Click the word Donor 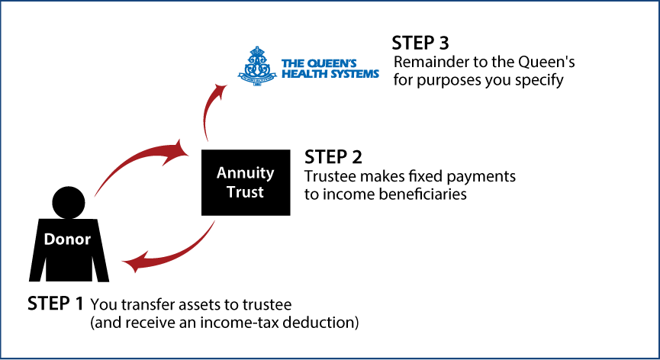[x=67, y=239]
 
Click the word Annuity [x=245, y=173]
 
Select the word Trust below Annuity [x=245, y=192]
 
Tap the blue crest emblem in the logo [x=257, y=66]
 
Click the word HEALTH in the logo [x=302, y=74]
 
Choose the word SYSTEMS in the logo [x=352, y=74]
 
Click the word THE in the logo [x=291, y=63]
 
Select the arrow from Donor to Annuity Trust [x=134, y=162]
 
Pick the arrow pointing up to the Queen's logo [x=208, y=111]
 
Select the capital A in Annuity [x=222, y=173]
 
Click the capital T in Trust [x=230, y=192]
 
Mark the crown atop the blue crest [x=257, y=52]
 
